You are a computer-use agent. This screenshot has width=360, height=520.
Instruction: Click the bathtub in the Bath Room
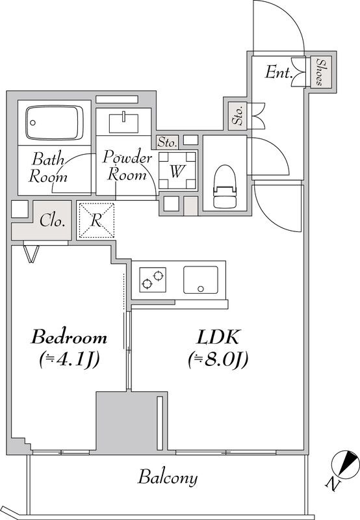click(x=55, y=123)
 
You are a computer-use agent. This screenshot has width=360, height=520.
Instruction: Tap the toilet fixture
click(x=225, y=187)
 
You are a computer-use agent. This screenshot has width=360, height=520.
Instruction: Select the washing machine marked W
click(x=177, y=170)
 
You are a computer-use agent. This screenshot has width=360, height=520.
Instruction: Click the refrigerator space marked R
click(x=96, y=220)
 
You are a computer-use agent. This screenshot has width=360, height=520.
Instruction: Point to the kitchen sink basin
click(x=201, y=280)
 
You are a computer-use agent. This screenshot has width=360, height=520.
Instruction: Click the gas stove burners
click(x=153, y=279)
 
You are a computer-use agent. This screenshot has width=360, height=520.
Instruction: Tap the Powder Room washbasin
click(x=123, y=123)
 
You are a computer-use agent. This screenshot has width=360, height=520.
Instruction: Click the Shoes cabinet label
click(x=320, y=72)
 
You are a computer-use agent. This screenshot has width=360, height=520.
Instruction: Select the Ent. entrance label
click(x=277, y=72)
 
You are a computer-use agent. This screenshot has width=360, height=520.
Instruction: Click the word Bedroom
click(x=69, y=337)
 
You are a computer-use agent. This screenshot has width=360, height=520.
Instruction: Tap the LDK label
click(x=218, y=337)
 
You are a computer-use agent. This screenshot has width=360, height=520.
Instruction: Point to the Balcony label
click(x=168, y=478)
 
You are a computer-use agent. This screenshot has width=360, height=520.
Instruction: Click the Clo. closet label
click(x=52, y=221)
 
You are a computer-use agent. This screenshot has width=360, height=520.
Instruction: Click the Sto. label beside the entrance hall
click(x=238, y=115)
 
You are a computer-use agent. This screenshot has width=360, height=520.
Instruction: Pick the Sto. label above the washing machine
click(x=167, y=142)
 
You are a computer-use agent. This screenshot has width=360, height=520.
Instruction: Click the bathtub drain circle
click(x=32, y=123)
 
